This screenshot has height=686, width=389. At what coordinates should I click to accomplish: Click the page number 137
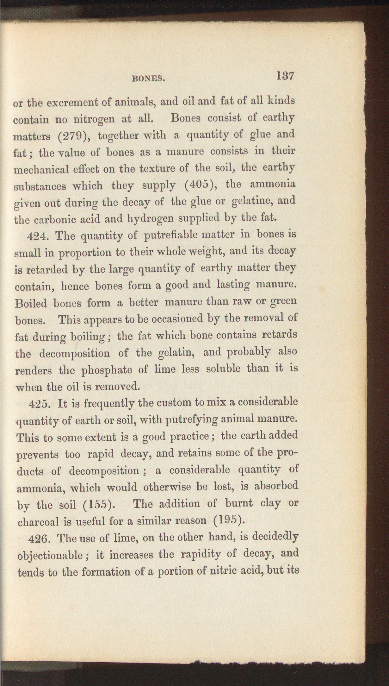[285, 76]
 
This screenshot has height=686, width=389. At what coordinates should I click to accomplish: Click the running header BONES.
[148, 79]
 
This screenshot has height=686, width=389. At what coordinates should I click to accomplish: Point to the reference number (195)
[229, 520]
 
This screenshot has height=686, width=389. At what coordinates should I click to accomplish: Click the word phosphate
[107, 370]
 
